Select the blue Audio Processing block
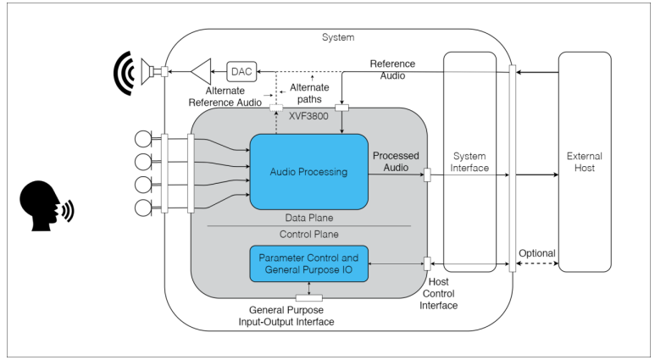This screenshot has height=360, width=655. tap(308, 172)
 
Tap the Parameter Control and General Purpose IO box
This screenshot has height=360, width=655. tap(308, 263)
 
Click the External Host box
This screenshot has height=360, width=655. tap(585, 161)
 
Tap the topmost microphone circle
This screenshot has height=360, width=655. tap(142, 137)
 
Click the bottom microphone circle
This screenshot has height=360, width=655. tap(142, 208)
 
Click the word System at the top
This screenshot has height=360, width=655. tap(338, 38)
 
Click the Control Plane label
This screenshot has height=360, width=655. tap(308, 233)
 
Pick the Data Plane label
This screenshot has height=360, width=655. tap(308, 218)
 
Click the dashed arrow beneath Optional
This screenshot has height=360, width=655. tap(537, 264)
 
